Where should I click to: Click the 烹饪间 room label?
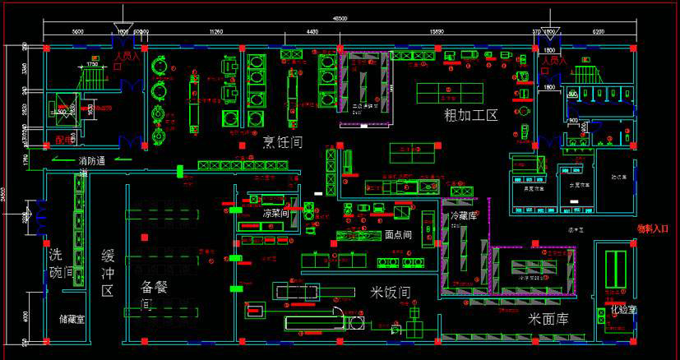coord(282,141)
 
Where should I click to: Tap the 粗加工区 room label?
coord(471,114)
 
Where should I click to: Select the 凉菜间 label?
coord(276,214)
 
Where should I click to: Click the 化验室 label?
coord(623,310)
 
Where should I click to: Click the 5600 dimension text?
coord(77,31)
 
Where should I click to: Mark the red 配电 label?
coord(63,140)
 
